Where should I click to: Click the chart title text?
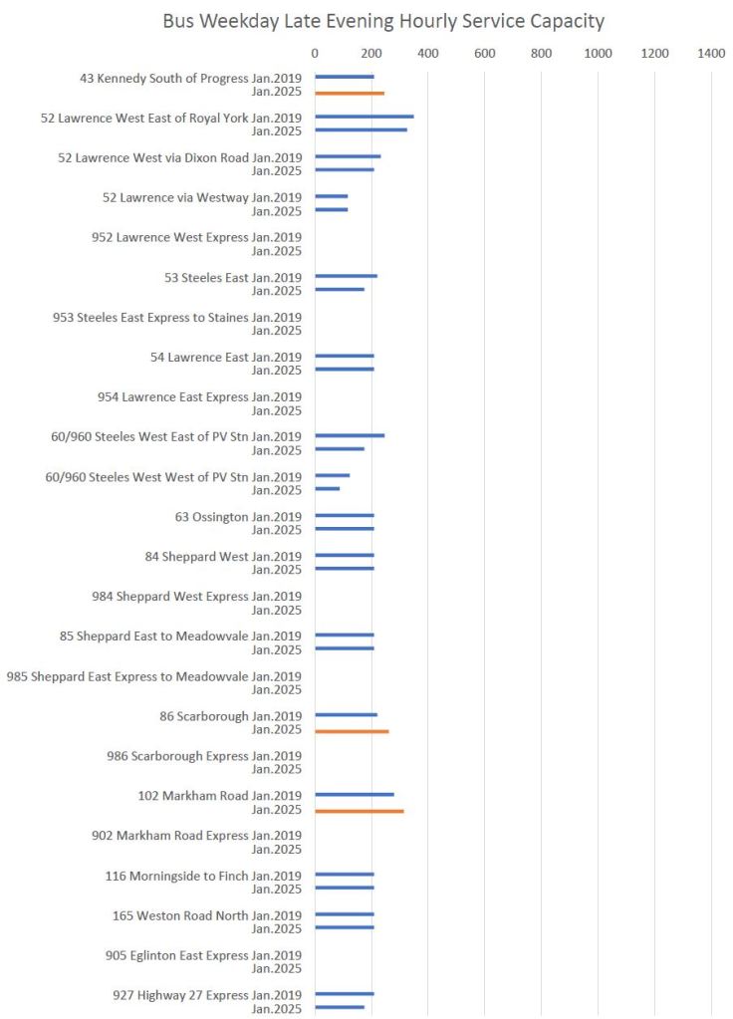[x=383, y=21]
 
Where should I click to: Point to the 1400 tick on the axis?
[x=711, y=53]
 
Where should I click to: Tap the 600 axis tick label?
[x=485, y=53]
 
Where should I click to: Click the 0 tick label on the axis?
[x=315, y=53]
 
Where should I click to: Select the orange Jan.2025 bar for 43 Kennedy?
[x=350, y=93]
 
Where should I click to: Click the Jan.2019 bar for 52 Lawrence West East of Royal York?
[x=365, y=117]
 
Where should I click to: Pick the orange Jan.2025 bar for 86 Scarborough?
[x=352, y=731]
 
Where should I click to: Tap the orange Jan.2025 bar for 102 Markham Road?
[x=360, y=811]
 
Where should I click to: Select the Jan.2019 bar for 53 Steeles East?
[x=346, y=276]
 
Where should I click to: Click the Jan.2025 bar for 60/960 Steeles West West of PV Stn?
[x=328, y=488]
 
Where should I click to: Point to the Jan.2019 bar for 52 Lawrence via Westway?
[x=332, y=196]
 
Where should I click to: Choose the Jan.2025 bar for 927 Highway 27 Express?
[x=340, y=1007]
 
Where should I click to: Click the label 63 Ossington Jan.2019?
[x=238, y=516]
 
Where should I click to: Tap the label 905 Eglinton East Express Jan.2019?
[x=203, y=955]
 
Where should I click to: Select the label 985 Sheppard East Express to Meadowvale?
[x=153, y=676]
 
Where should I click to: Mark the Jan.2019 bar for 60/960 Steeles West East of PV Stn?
[x=350, y=435]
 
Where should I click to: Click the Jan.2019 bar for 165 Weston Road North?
[x=345, y=913]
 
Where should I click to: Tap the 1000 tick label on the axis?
[x=598, y=53]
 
